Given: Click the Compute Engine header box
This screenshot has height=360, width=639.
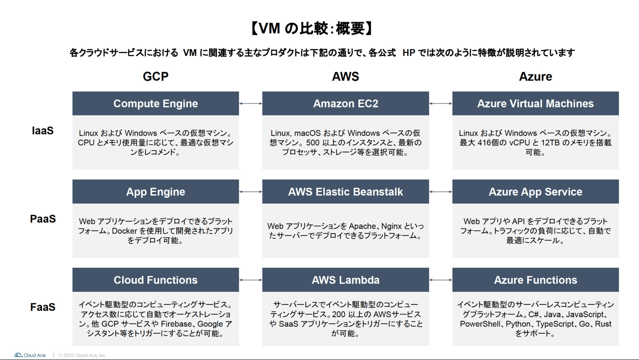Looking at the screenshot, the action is [156, 103].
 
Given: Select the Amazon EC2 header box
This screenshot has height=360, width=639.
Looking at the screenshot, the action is [345, 103].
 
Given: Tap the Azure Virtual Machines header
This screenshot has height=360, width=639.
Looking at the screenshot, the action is [535, 103].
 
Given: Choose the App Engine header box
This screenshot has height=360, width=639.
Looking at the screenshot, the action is [156, 192].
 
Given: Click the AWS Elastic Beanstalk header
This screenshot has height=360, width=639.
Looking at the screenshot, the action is [345, 192].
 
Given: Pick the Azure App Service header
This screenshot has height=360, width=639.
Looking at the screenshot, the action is [535, 192].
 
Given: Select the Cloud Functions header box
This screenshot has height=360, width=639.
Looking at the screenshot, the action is [156, 280].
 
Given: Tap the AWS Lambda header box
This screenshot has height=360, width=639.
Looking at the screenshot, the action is [345, 280].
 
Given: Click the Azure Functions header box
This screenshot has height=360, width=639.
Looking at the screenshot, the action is [535, 280].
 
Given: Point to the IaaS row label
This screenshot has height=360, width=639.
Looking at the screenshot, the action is [43, 131].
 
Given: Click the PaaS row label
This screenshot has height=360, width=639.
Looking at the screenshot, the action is [43, 219].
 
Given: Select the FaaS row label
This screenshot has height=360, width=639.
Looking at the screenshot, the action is [43, 307].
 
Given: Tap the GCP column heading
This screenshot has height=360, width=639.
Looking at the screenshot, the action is [156, 77].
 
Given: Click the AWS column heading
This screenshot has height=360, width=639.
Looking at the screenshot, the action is [345, 77].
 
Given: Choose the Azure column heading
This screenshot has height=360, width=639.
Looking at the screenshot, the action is [535, 77].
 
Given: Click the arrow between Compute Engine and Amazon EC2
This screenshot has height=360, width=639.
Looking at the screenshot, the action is [251, 103].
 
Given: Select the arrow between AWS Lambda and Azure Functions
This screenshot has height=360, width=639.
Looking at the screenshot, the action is [441, 280].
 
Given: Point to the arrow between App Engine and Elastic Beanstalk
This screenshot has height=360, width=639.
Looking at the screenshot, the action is [251, 192].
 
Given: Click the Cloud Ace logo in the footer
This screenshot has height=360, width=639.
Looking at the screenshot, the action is [30, 355].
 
